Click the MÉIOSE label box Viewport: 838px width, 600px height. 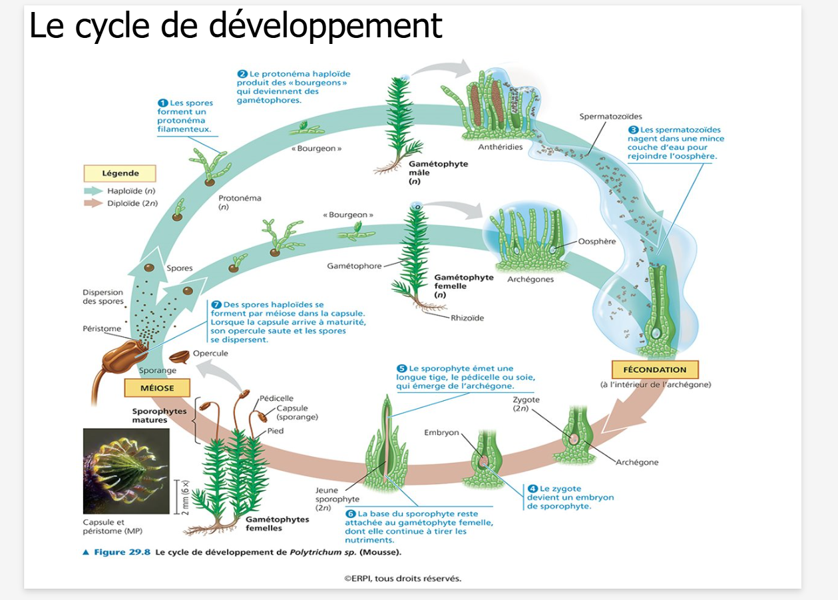[x=157, y=388]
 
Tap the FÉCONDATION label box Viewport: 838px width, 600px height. [x=654, y=370]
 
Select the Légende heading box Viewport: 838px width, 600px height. [x=120, y=173]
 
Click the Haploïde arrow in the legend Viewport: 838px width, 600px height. [x=93, y=191]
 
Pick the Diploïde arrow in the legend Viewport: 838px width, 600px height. [x=93, y=203]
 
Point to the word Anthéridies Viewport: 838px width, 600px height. [x=501, y=147]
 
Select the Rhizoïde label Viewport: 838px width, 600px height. [x=467, y=318]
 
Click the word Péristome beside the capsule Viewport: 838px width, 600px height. [x=102, y=328]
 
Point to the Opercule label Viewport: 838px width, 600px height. [x=210, y=353]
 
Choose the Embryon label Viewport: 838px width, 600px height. [x=441, y=433]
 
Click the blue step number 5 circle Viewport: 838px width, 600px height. [x=401, y=368]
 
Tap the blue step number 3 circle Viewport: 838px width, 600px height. [x=633, y=130]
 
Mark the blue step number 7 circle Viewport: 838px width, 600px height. [x=216, y=304]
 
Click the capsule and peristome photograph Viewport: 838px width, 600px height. [x=126, y=470]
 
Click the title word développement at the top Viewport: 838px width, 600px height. [x=325, y=25]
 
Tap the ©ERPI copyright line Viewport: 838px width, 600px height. [x=402, y=578]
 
